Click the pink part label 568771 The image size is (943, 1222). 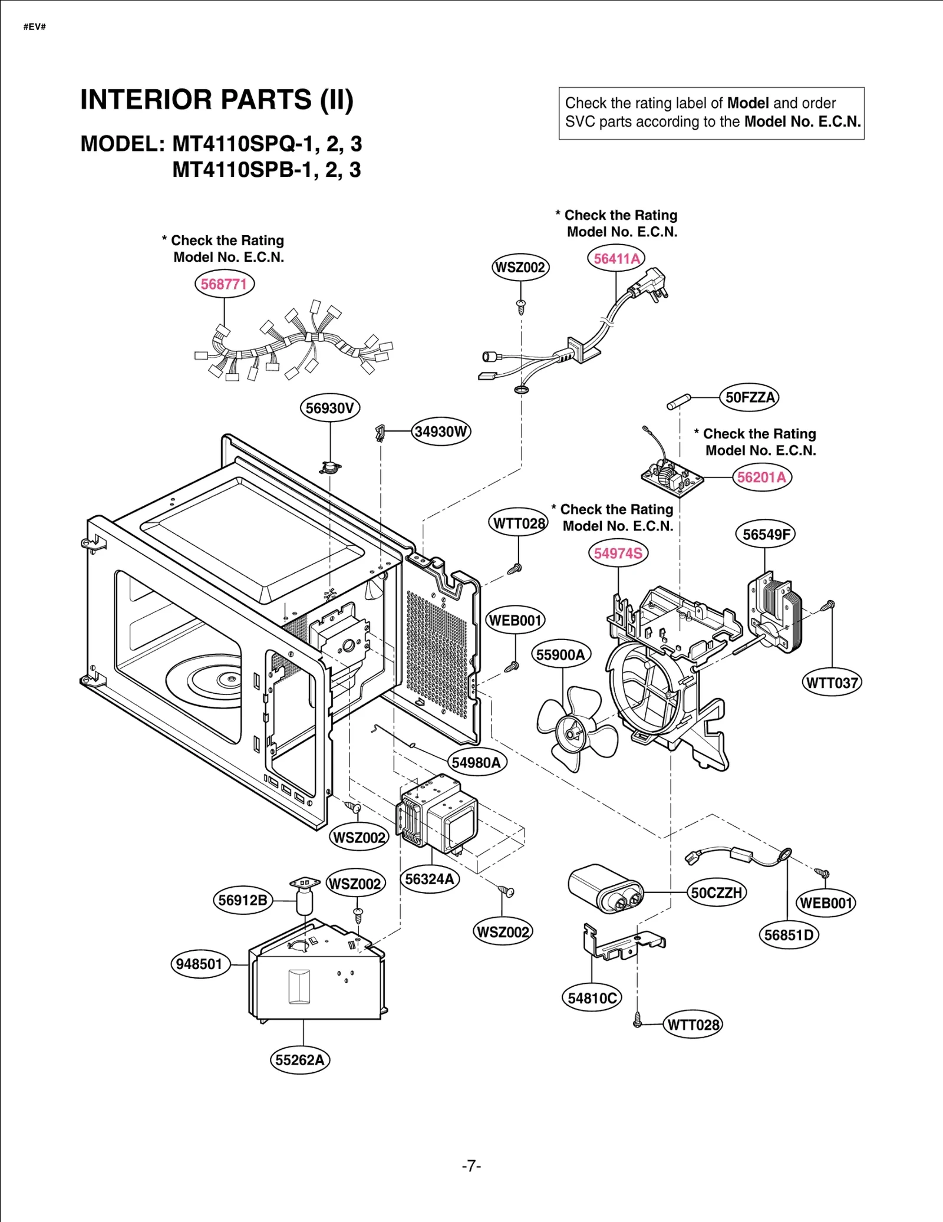(x=224, y=284)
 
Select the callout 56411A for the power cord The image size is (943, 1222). (x=616, y=259)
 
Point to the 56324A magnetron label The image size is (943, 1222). (x=430, y=879)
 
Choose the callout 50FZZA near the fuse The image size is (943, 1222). (x=749, y=397)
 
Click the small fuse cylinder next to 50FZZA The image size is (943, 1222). (x=678, y=402)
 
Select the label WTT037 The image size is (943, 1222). (x=832, y=683)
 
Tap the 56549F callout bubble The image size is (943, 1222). (x=765, y=535)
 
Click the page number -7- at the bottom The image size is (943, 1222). (x=471, y=1165)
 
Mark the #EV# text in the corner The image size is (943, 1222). (x=35, y=27)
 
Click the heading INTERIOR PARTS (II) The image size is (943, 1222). (x=217, y=100)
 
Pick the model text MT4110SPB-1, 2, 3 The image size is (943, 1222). (x=266, y=170)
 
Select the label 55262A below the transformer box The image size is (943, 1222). (x=299, y=1060)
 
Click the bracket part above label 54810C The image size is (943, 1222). (x=622, y=941)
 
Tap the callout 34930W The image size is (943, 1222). (x=441, y=432)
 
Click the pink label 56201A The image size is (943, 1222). (x=761, y=477)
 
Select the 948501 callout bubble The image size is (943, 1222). (x=199, y=964)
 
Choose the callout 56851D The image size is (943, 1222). (x=789, y=935)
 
